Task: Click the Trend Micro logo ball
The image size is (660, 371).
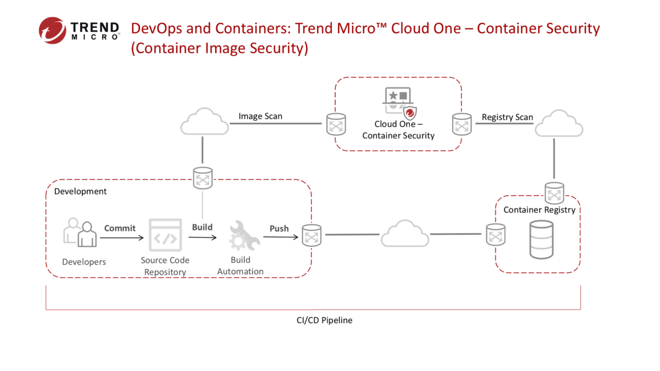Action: point(53,30)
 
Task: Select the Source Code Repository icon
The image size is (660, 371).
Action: point(165,235)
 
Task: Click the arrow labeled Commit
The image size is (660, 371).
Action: point(122,238)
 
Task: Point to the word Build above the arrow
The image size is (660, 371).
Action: point(202,227)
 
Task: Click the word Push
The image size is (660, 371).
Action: point(279,228)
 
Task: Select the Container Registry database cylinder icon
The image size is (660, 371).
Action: point(541,240)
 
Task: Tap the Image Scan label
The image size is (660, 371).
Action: point(260,116)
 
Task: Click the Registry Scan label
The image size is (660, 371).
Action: point(507,117)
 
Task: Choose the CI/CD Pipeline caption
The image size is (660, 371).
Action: point(324,320)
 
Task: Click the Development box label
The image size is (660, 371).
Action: point(80,191)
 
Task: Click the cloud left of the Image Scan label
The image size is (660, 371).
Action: point(205,123)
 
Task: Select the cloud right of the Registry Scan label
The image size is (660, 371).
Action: point(558,124)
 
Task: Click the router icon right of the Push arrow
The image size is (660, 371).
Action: point(311,235)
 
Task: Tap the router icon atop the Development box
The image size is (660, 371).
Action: point(203,178)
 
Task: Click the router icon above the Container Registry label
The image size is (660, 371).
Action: point(554,193)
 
